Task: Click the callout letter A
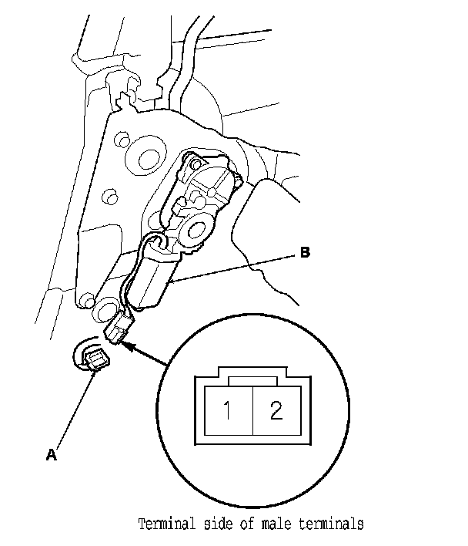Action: point(52,455)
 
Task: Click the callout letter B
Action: point(305,252)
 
